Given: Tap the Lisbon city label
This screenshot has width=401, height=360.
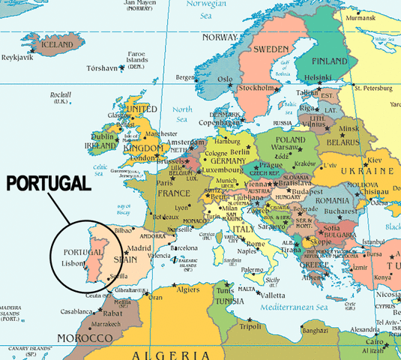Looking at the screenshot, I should click(73, 264).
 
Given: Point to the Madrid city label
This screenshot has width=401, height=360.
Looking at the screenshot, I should click(129, 248).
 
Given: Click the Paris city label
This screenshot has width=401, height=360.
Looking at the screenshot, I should click(165, 181).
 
